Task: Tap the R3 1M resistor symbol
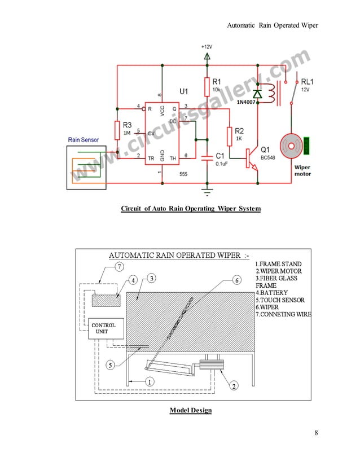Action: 117,130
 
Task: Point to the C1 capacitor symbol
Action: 207,156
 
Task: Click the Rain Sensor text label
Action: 84,139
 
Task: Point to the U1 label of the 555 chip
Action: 184,91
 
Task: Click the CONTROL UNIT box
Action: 103,328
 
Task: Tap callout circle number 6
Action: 236,280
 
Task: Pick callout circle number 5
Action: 112,364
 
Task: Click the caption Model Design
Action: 191,410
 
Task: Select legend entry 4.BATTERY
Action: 271,293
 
